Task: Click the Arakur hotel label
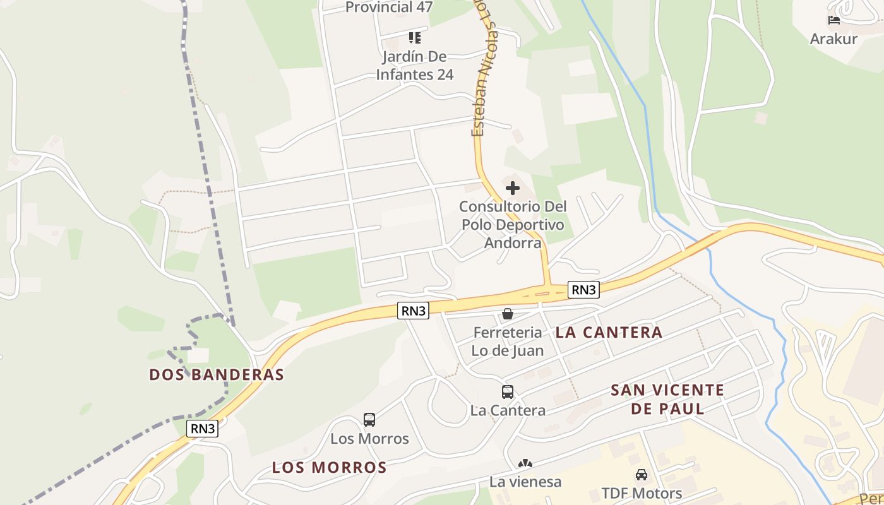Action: pyautogui.click(x=833, y=39)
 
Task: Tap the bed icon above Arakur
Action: pyautogui.click(x=834, y=20)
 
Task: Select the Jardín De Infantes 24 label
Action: pyautogui.click(x=415, y=66)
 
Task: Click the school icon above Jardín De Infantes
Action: pyautogui.click(x=415, y=38)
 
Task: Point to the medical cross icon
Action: pyautogui.click(x=513, y=187)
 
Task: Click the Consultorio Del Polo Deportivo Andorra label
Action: pyautogui.click(x=513, y=224)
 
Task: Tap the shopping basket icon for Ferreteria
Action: pyautogui.click(x=508, y=313)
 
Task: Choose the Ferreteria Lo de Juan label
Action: pyautogui.click(x=508, y=342)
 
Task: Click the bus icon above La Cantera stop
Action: pyautogui.click(x=508, y=392)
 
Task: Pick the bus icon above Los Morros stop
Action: pyautogui.click(x=369, y=419)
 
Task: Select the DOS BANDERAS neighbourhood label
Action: pyautogui.click(x=217, y=374)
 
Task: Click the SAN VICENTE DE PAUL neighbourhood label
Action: pyautogui.click(x=667, y=399)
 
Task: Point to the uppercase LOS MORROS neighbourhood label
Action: pyautogui.click(x=329, y=468)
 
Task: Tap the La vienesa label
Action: pyautogui.click(x=525, y=482)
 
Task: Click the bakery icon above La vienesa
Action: pyautogui.click(x=525, y=464)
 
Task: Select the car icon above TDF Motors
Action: pyautogui.click(x=642, y=475)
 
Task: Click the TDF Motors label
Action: pyautogui.click(x=642, y=493)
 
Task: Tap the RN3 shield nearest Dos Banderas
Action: pyautogui.click(x=203, y=429)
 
